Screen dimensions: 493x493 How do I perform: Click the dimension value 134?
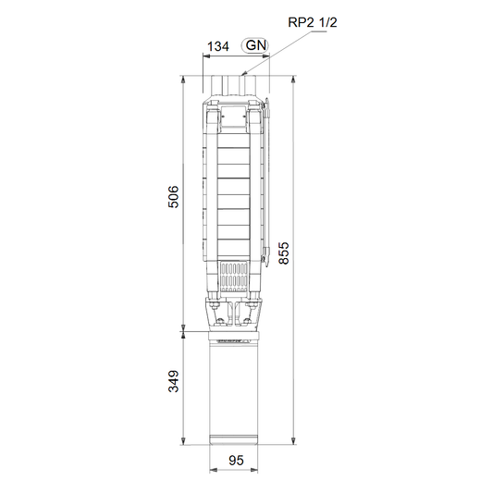point(218,46)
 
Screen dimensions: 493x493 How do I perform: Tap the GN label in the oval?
point(255,45)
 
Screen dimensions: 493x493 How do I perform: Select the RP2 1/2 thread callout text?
point(313,22)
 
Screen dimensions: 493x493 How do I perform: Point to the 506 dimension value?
point(173,197)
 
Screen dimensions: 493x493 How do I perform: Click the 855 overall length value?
point(284,253)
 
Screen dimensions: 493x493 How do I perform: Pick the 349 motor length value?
point(173,381)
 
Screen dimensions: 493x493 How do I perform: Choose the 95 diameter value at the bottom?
point(236,461)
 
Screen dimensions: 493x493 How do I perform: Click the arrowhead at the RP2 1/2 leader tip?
point(243,74)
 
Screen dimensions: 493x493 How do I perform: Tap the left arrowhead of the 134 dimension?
point(206,56)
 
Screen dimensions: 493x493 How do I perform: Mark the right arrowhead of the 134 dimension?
point(266,56)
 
